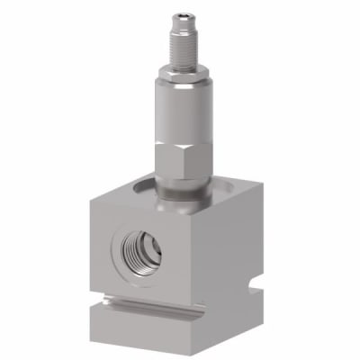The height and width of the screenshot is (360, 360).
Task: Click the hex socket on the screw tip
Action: pos(181,12)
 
